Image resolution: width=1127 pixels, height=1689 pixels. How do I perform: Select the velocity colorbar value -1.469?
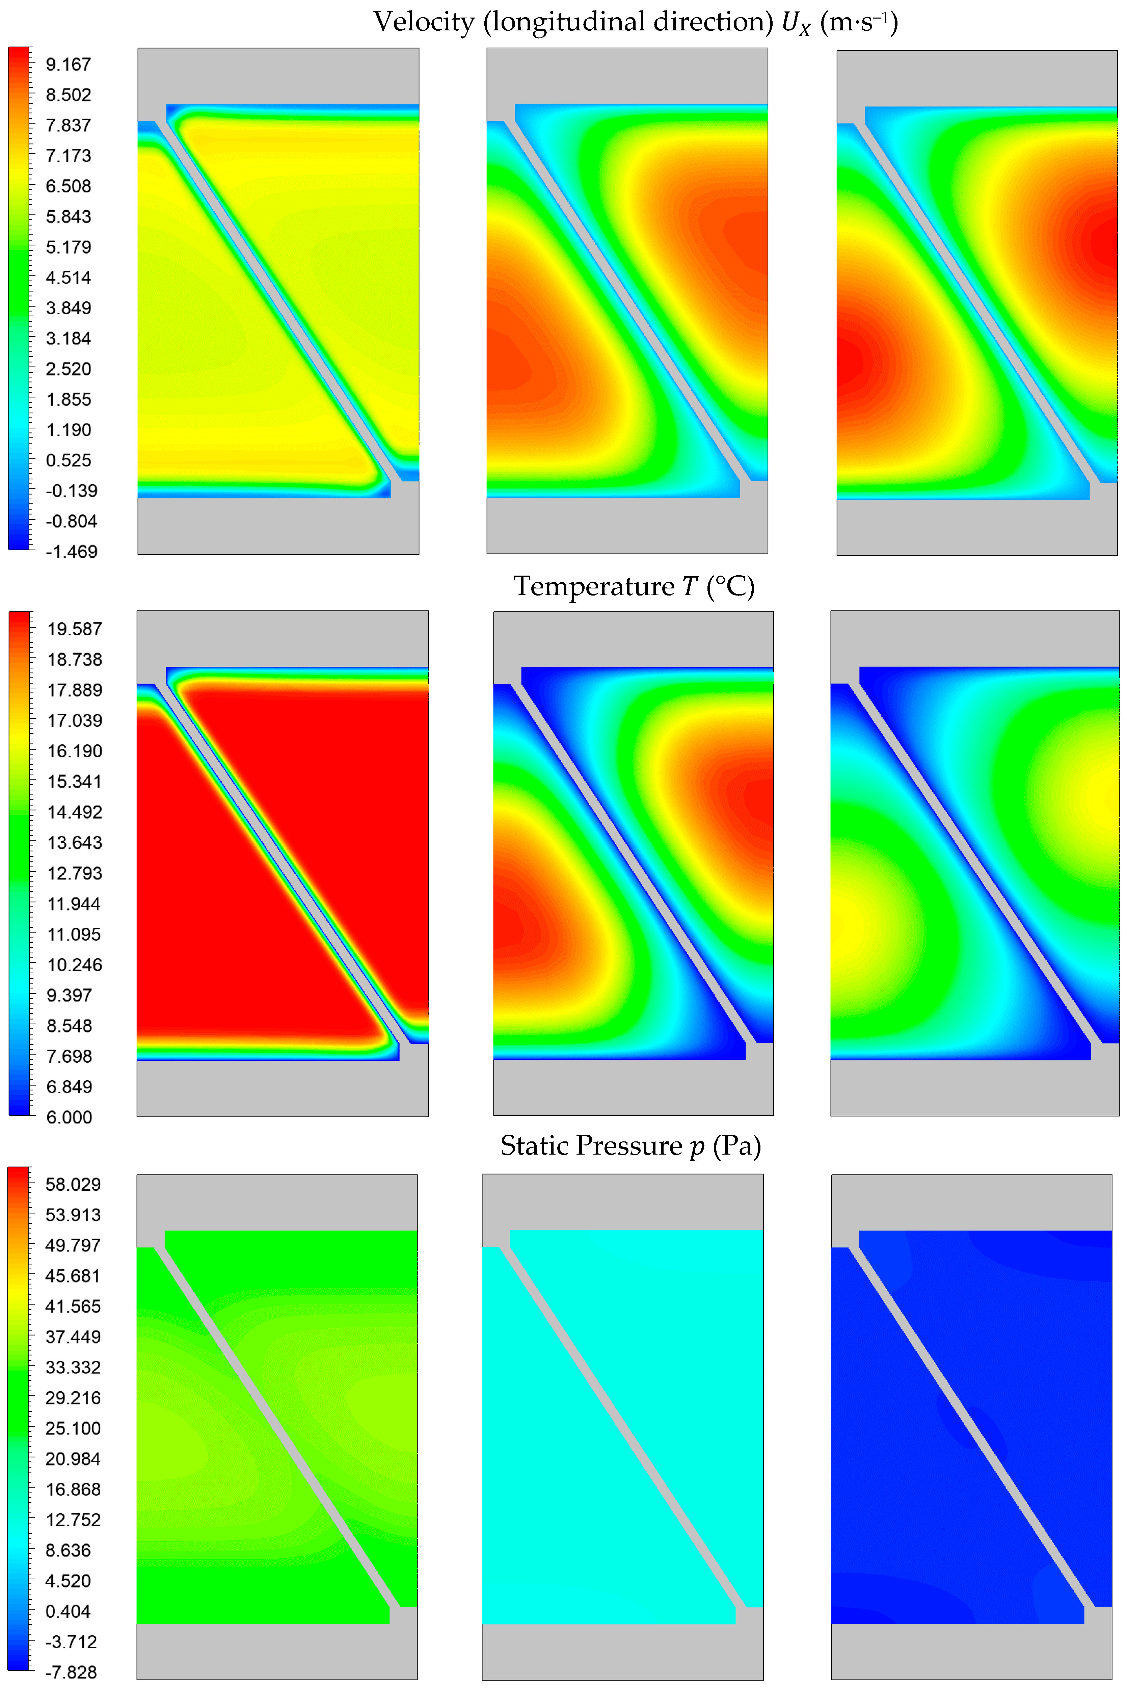[71, 551]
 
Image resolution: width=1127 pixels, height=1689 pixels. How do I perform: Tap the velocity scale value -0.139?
[71, 491]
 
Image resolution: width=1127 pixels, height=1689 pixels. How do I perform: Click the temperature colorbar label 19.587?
[75, 629]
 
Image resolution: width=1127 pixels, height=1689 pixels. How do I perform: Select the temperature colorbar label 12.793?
[75, 873]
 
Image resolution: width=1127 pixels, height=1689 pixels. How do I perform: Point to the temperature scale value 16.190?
[75, 751]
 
